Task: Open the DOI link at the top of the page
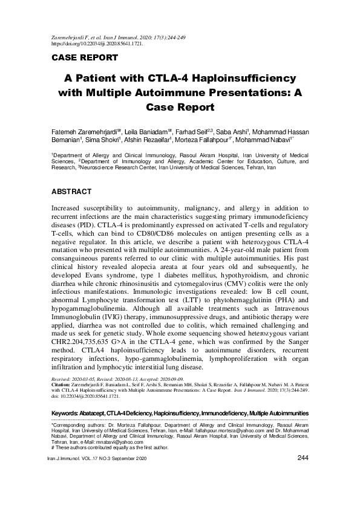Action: [97, 44]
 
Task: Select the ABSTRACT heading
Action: [71, 192]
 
